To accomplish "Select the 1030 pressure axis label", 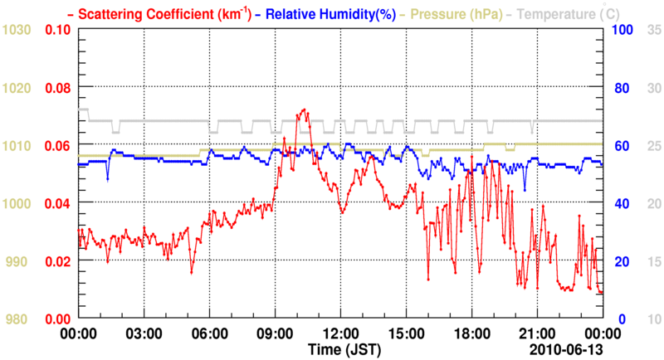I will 17,30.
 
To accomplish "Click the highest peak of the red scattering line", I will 305,109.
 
